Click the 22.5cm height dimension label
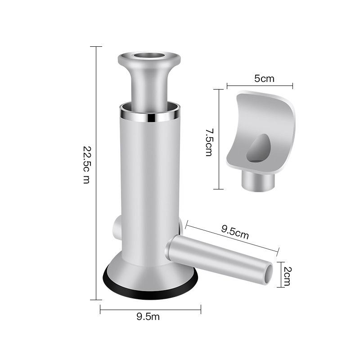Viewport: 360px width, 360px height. (86, 165)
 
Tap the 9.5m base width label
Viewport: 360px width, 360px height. (148, 317)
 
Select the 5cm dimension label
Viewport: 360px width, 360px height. (264, 78)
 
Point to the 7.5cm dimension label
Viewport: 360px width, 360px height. (209, 142)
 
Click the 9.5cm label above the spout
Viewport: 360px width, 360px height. (235, 232)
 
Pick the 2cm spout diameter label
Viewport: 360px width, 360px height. (287, 276)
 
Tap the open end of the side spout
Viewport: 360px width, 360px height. (268, 274)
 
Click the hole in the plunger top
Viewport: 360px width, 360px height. (149, 55)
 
